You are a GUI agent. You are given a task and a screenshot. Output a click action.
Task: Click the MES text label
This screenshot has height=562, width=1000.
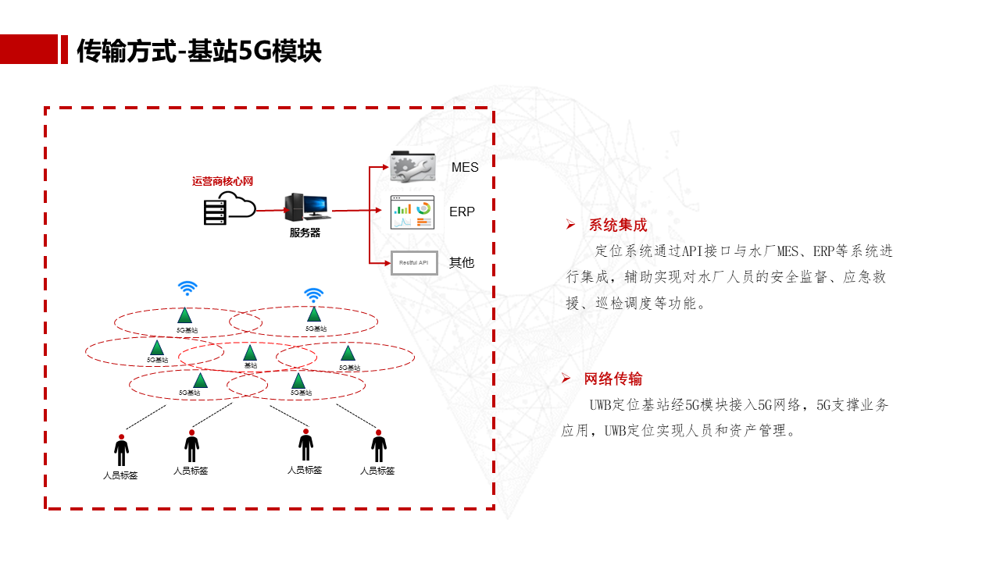click(465, 168)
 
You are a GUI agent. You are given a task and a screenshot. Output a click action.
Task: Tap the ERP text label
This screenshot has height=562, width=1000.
click(462, 212)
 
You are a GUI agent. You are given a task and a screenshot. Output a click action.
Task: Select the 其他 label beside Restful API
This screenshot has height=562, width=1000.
click(462, 263)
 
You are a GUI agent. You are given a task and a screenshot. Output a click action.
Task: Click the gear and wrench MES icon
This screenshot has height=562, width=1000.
click(412, 167)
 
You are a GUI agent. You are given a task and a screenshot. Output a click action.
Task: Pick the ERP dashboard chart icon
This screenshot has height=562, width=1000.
click(412, 212)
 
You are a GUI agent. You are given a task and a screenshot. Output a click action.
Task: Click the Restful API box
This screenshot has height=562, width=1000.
click(414, 262)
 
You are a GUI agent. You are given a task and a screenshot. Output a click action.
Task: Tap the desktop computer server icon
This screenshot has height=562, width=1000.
click(307, 208)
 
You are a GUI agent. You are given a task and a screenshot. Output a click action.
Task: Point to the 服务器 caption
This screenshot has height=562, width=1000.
click(305, 233)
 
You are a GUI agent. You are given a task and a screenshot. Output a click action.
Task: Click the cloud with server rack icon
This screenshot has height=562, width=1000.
click(229, 208)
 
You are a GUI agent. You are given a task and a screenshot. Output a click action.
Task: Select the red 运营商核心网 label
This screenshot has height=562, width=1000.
click(223, 181)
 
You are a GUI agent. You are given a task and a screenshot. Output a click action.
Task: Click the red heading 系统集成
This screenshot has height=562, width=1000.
click(618, 226)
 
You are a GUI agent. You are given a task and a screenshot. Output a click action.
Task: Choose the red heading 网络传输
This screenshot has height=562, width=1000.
click(613, 379)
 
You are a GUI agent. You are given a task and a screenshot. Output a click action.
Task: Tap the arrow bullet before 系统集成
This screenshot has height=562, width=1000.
click(570, 225)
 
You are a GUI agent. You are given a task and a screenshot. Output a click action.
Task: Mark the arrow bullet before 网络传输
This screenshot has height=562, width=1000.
click(566, 379)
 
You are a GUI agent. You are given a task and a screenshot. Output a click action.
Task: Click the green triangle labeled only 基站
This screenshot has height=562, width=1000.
click(250, 353)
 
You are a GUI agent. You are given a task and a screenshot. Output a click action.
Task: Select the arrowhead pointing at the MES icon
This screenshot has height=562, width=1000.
click(384, 166)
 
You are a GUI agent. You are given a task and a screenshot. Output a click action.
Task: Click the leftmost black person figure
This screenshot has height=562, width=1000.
click(121, 450)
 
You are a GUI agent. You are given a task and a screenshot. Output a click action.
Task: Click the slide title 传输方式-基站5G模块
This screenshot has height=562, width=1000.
click(199, 51)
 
